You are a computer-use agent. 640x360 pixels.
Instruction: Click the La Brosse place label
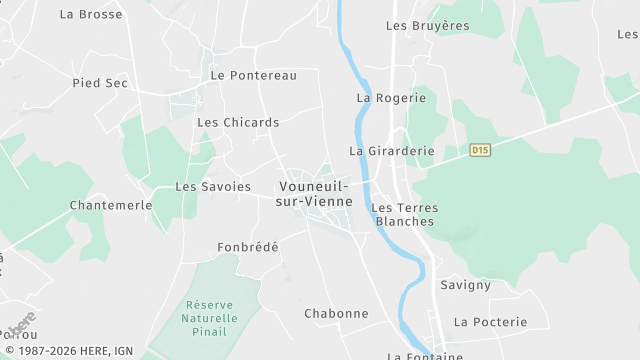(x=91, y=15)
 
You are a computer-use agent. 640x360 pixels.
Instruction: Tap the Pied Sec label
(x=100, y=83)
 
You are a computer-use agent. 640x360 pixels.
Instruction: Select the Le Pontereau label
(x=253, y=76)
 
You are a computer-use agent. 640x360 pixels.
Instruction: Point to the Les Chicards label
(x=238, y=123)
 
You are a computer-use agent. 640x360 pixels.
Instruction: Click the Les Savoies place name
(x=213, y=187)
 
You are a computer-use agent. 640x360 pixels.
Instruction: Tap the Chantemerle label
(x=111, y=205)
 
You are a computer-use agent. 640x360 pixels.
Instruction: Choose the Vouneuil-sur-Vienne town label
(x=314, y=194)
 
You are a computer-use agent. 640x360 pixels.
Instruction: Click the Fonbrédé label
(x=248, y=247)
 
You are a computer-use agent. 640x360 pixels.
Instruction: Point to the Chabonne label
(x=336, y=314)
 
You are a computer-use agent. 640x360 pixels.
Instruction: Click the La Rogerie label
(x=391, y=98)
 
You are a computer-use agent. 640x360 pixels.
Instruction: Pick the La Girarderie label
(x=391, y=151)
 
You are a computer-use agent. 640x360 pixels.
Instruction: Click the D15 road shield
(x=481, y=150)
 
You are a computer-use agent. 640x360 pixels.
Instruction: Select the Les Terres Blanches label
(x=404, y=214)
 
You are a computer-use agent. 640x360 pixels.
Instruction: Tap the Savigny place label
(x=466, y=285)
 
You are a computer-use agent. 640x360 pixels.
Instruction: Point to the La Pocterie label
(x=490, y=322)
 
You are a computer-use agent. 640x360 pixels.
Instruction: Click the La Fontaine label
(x=425, y=355)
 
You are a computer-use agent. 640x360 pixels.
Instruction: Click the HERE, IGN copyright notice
(x=69, y=351)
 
